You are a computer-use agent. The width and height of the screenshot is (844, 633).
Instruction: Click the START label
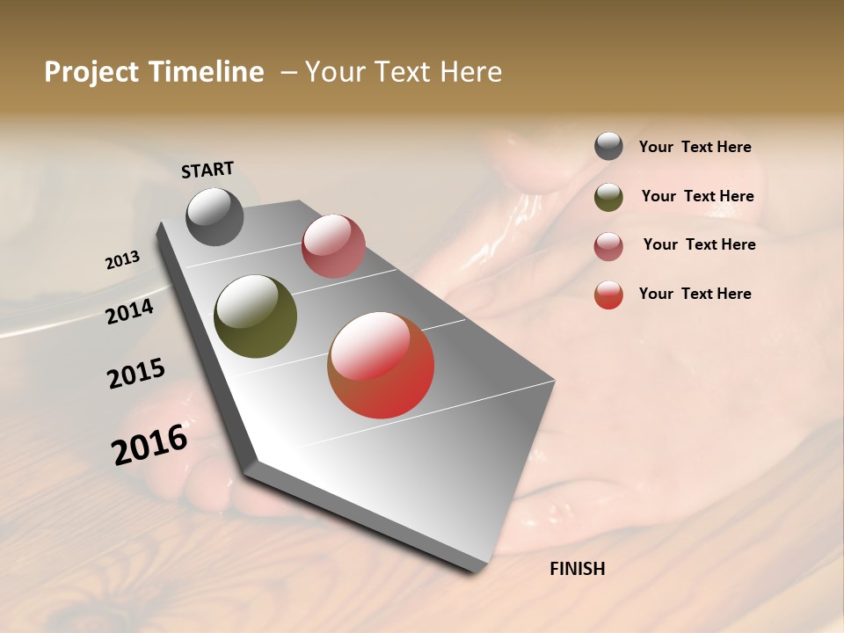(207, 170)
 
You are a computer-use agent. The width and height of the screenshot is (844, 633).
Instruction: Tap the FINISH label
(577, 569)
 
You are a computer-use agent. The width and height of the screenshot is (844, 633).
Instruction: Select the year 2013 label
(123, 260)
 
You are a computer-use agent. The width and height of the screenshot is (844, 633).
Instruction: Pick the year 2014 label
(130, 311)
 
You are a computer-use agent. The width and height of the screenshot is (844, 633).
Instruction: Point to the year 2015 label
(136, 374)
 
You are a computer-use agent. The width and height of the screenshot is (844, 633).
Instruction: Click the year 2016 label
(149, 445)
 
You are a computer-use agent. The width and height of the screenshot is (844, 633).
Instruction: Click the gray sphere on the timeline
(215, 216)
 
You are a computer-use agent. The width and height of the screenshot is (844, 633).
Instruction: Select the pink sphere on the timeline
(333, 246)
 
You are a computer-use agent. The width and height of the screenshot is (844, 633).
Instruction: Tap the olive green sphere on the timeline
(256, 316)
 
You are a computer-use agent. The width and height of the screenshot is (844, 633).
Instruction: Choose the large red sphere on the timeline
(381, 365)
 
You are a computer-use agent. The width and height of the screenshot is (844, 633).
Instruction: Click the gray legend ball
(608, 146)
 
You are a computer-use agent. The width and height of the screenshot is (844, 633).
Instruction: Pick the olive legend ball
(608, 197)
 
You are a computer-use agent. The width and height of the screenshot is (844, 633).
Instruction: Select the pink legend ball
(608, 246)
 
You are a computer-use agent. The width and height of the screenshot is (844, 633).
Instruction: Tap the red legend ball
(608, 295)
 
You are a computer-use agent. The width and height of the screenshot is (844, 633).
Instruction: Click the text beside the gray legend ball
(695, 148)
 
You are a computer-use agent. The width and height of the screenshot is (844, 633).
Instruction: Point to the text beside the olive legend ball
(697, 197)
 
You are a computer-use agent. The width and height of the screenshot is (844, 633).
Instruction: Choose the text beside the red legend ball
(695, 294)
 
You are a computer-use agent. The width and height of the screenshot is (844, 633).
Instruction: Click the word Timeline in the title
(207, 72)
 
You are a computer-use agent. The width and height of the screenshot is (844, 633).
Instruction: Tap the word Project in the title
(91, 72)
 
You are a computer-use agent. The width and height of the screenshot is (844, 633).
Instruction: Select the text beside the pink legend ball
(699, 244)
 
